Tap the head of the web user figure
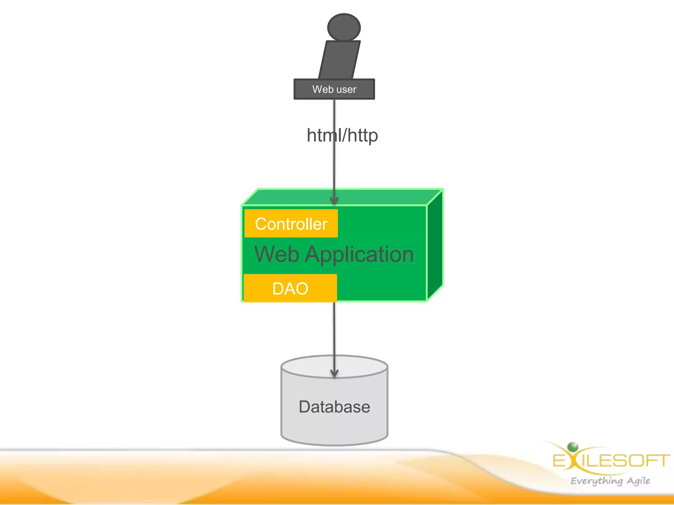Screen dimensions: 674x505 tap(344, 27)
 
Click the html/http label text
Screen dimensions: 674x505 tap(342, 135)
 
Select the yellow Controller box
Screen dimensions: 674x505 tap(291, 224)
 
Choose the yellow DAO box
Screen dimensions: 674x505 tap(290, 288)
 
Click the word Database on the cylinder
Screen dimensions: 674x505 tap(334, 407)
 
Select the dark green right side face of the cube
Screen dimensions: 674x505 tap(435, 245)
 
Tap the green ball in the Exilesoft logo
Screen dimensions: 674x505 tap(573, 447)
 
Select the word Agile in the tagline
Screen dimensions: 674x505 tap(638, 481)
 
